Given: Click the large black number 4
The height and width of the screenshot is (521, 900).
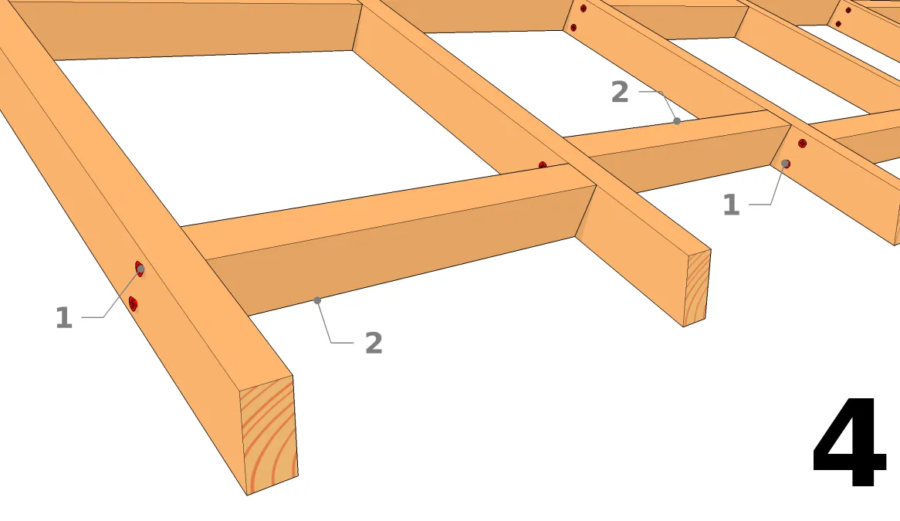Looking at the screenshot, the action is tap(850, 441).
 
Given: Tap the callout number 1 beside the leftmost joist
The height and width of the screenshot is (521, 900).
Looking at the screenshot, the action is tap(64, 317).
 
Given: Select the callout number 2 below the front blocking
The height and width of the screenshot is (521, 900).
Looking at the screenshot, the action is tap(374, 343).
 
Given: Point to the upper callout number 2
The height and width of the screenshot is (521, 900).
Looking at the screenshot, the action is tap(620, 92).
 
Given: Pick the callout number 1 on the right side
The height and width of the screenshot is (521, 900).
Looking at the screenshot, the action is tap(731, 205).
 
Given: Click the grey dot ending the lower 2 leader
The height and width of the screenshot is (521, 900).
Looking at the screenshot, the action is tap(317, 300).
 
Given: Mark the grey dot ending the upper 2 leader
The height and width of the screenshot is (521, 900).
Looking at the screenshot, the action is tap(677, 121).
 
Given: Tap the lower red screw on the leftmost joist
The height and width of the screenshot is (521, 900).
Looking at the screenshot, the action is tap(133, 303).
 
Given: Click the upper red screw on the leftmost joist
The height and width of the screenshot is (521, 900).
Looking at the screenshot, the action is tap(140, 269).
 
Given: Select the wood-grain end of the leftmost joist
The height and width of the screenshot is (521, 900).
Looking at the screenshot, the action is tap(269, 435).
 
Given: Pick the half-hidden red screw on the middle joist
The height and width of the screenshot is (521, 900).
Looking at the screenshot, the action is tap(543, 165).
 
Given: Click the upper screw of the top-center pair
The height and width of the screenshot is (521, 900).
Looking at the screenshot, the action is tap(584, 8).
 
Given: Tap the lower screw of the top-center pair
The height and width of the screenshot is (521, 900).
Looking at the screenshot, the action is tap(573, 28).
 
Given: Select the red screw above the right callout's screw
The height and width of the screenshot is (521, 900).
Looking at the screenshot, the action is tap(803, 144).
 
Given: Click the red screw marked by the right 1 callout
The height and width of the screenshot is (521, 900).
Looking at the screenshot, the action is tap(786, 164).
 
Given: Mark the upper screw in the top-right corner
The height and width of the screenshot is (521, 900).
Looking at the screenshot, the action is tap(848, 10).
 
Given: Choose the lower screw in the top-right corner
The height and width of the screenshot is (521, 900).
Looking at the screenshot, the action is tap(838, 24).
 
